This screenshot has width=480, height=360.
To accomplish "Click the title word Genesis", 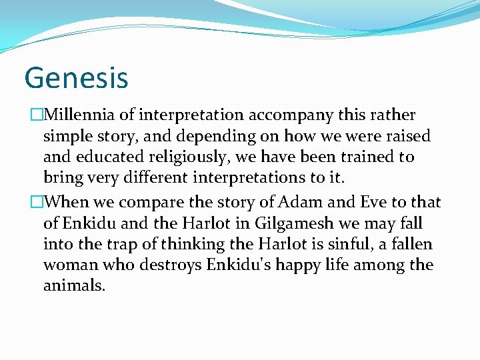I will [76, 77].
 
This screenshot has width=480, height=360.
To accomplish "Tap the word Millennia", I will [77, 115].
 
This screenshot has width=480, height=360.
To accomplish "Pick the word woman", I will [68, 265].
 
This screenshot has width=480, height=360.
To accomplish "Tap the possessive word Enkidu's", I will [234, 265].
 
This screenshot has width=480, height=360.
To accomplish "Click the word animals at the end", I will [74, 287].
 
